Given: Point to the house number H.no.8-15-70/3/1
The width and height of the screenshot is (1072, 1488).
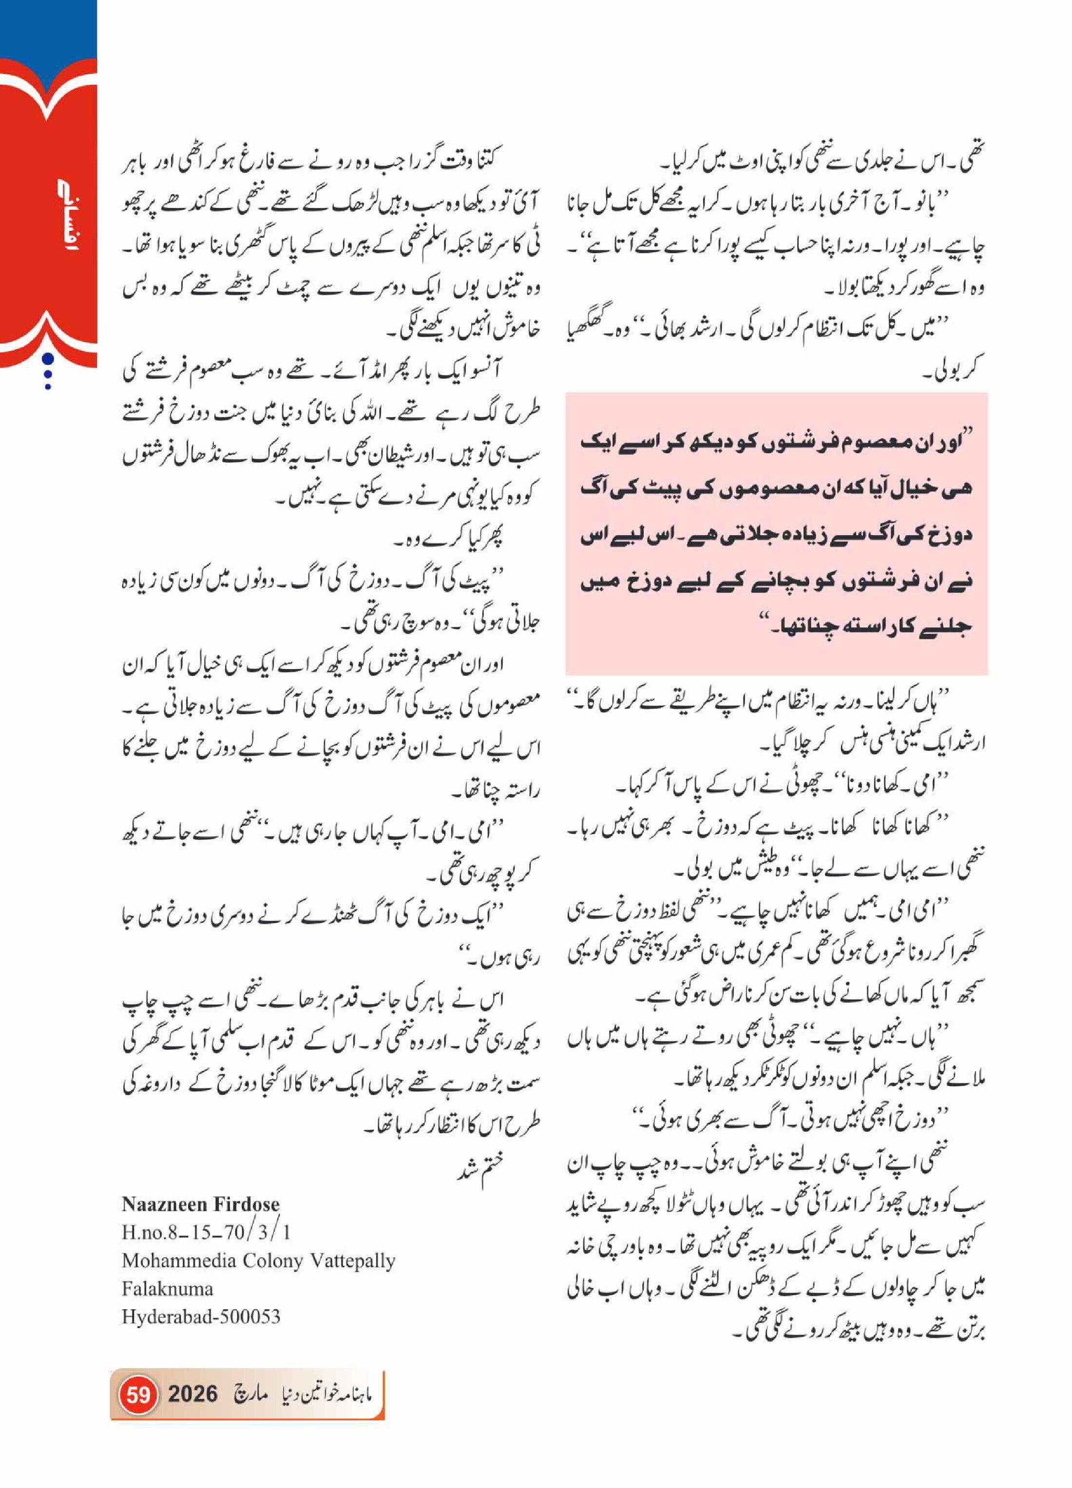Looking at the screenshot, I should coord(206,1231).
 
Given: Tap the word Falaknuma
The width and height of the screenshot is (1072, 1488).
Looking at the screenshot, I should coord(168,1288).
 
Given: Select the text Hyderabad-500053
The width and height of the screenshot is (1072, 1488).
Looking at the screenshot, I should coord(201,1317).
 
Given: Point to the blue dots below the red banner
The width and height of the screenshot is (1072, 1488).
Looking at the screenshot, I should coord(47,372).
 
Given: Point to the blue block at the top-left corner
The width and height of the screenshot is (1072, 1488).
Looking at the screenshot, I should coord(48,30).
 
